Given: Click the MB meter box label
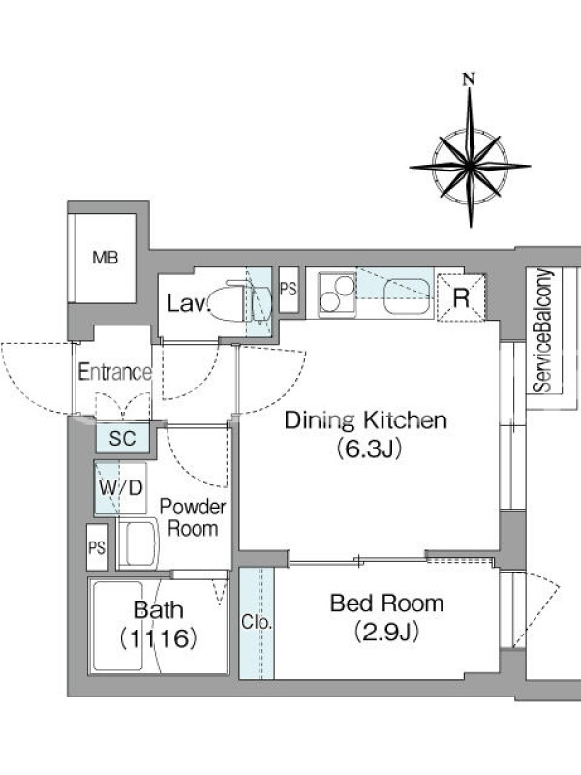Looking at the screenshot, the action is pos(106,258).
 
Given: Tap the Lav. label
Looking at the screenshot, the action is pos(188,303).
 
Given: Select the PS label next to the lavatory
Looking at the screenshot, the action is pos(289,289).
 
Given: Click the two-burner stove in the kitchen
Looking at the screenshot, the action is pos(337,294).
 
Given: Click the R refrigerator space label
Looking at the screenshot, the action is pos(461,297).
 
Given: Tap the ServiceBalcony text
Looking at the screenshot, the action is pos(543,330).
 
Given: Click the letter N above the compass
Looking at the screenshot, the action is pos(469,79).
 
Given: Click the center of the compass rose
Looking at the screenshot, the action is pos(470,166).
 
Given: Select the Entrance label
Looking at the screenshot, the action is pos(114,372).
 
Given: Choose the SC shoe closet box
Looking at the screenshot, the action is pos(123,438).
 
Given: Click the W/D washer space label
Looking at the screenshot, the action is pos(121,488).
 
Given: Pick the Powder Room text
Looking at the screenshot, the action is pos(193,517).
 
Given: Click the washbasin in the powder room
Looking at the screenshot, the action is pos(138,543).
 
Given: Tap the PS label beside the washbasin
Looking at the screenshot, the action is pos(97,547).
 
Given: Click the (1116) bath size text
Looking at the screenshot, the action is pos(158,638).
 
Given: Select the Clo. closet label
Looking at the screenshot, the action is pos(257,622).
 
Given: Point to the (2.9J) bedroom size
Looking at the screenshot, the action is pos(386,632).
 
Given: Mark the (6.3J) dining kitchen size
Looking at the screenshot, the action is pos(368,449).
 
